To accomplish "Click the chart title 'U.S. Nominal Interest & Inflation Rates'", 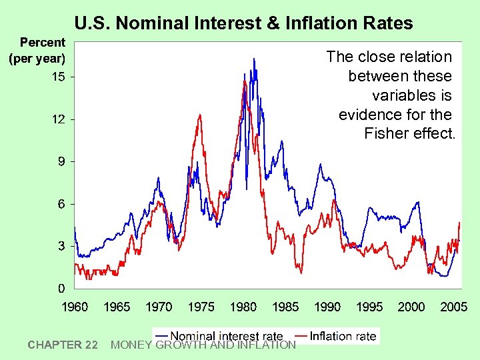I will (x=243, y=23).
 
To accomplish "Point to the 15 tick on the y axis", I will (x=59, y=77).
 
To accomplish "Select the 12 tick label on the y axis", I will (x=59, y=119).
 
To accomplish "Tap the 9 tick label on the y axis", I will (x=61, y=162).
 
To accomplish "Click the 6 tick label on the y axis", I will (x=61, y=204).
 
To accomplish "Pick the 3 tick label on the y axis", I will (x=61, y=247).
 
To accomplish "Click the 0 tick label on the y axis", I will (x=61, y=289).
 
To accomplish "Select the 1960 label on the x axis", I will (x=75, y=307).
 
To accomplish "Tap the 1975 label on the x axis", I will (x=201, y=307).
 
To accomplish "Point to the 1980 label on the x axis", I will (x=243, y=307).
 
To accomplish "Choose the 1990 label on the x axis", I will (x=327, y=307).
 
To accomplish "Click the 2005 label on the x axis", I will (x=453, y=307).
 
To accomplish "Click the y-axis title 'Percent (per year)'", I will (x=37, y=51).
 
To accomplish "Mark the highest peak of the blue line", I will (x=253, y=59).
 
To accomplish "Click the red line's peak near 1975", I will (x=199, y=115).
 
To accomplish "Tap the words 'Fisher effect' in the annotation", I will (x=409, y=133).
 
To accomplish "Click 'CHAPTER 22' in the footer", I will (x=63, y=345).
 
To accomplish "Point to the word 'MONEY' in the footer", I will (x=130, y=345).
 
